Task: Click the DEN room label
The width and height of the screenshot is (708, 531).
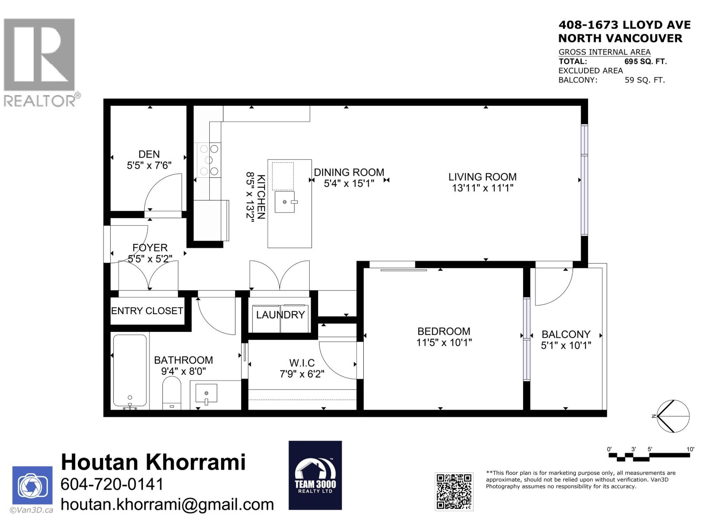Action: point(149,154)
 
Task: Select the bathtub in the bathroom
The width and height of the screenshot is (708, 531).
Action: point(130,371)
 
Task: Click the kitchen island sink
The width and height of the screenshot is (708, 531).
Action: point(285,202)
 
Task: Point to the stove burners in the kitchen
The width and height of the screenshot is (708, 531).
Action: point(209,160)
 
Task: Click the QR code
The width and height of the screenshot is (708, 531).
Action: point(454,491)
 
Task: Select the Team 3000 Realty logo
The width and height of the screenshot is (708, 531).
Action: point(315,475)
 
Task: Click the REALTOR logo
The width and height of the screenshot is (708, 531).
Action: point(40,62)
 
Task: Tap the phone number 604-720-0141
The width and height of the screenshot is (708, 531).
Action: point(112,484)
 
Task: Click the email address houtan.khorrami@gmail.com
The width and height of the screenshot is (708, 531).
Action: point(167,504)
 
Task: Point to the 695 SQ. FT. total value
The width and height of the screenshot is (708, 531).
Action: point(645,62)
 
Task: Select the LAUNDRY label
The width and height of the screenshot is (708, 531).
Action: point(281,315)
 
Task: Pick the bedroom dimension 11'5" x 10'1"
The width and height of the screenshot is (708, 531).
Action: point(444,342)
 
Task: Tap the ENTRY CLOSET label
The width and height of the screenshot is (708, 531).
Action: point(147,311)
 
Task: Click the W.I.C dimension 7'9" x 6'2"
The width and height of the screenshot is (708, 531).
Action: point(302,374)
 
